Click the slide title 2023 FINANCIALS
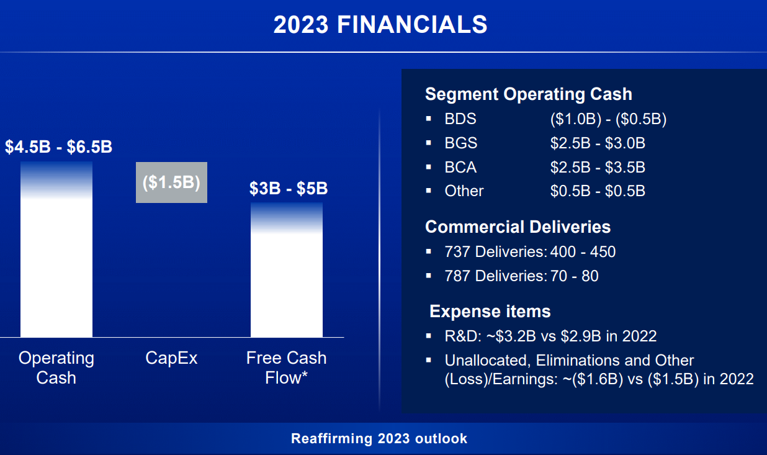coord(380,25)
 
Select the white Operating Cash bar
coord(56,250)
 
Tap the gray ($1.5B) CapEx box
coord(171,182)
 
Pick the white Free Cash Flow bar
coord(287,270)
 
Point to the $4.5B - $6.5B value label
coord(58,146)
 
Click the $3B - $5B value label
coord(289,188)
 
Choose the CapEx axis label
coord(171,358)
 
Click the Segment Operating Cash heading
coord(528,94)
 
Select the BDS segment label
coord(460,119)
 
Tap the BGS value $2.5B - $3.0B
coord(598,143)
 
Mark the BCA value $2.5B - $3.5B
coord(598,167)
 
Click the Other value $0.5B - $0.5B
coord(598,191)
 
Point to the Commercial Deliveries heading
coord(518,227)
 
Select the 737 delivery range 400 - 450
coord(583,252)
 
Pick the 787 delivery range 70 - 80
coord(575,276)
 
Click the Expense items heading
coord(490,312)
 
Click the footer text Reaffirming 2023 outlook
coord(379,439)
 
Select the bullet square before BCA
coord(428,167)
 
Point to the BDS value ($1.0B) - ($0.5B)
coord(609,119)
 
